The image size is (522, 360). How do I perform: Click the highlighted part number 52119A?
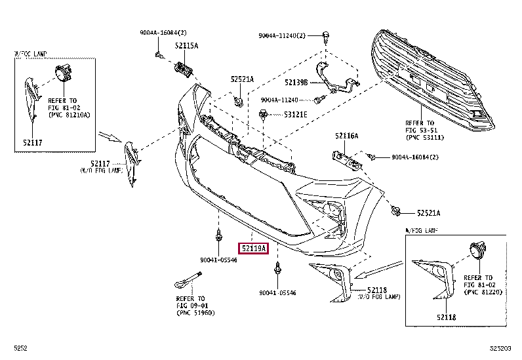pyautogui.click(x=252, y=249)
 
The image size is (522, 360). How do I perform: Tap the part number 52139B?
pyautogui.click(x=297, y=83)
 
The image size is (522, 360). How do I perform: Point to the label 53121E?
pyautogui.click(x=295, y=114)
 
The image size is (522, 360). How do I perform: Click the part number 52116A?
pyautogui.click(x=346, y=136)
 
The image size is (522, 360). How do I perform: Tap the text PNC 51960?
pyautogui.click(x=196, y=313)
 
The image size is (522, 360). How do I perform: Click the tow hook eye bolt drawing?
pyautogui.click(x=187, y=281)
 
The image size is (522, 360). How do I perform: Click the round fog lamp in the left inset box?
pyautogui.click(x=63, y=74)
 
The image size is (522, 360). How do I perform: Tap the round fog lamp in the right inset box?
pyautogui.click(x=477, y=250)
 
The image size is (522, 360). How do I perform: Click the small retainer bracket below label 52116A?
pyautogui.click(x=346, y=159)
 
